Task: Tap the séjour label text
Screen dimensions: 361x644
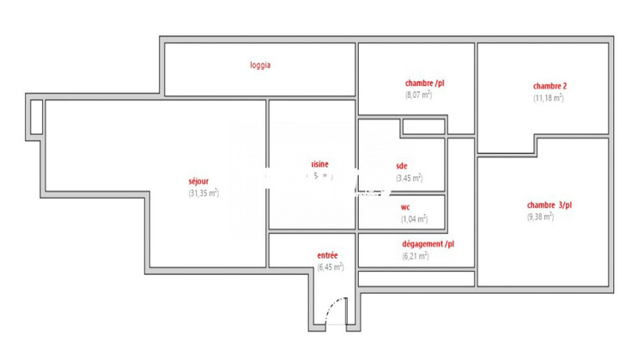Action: (x=199, y=181)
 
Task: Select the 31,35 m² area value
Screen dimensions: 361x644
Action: (x=204, y=193)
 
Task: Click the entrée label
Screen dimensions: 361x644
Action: (x=327, y=255)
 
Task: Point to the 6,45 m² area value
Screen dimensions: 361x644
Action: (x=330, y=267)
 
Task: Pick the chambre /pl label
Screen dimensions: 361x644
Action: (x=424, y=83)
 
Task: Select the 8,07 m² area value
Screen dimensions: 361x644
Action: (x=418, y=95)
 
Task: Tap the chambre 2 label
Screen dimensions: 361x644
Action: (x=550, y=86)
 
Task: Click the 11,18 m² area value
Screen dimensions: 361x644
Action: (x=548, y=98)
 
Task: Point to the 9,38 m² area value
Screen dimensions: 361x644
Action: (x=540, y=217)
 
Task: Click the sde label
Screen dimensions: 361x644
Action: (x=402, y=166)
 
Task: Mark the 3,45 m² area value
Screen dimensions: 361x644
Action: (x=409, y=178)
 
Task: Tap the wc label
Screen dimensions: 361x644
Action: (x=405, y=207)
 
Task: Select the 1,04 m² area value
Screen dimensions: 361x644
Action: (x=414, y=219)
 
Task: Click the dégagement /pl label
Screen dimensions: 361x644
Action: (x=428, y=244)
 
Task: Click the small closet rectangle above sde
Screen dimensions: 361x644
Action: (x=423, y=127)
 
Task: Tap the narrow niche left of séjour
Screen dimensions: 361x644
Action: (x=36, y=117)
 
